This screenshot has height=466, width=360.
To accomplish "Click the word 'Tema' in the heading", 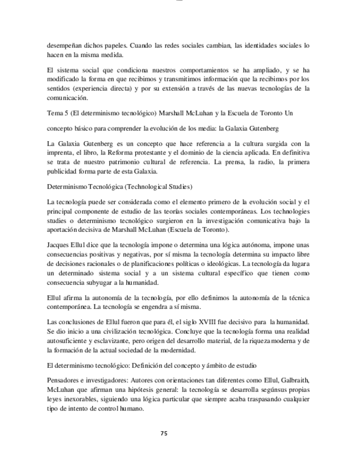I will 55,113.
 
